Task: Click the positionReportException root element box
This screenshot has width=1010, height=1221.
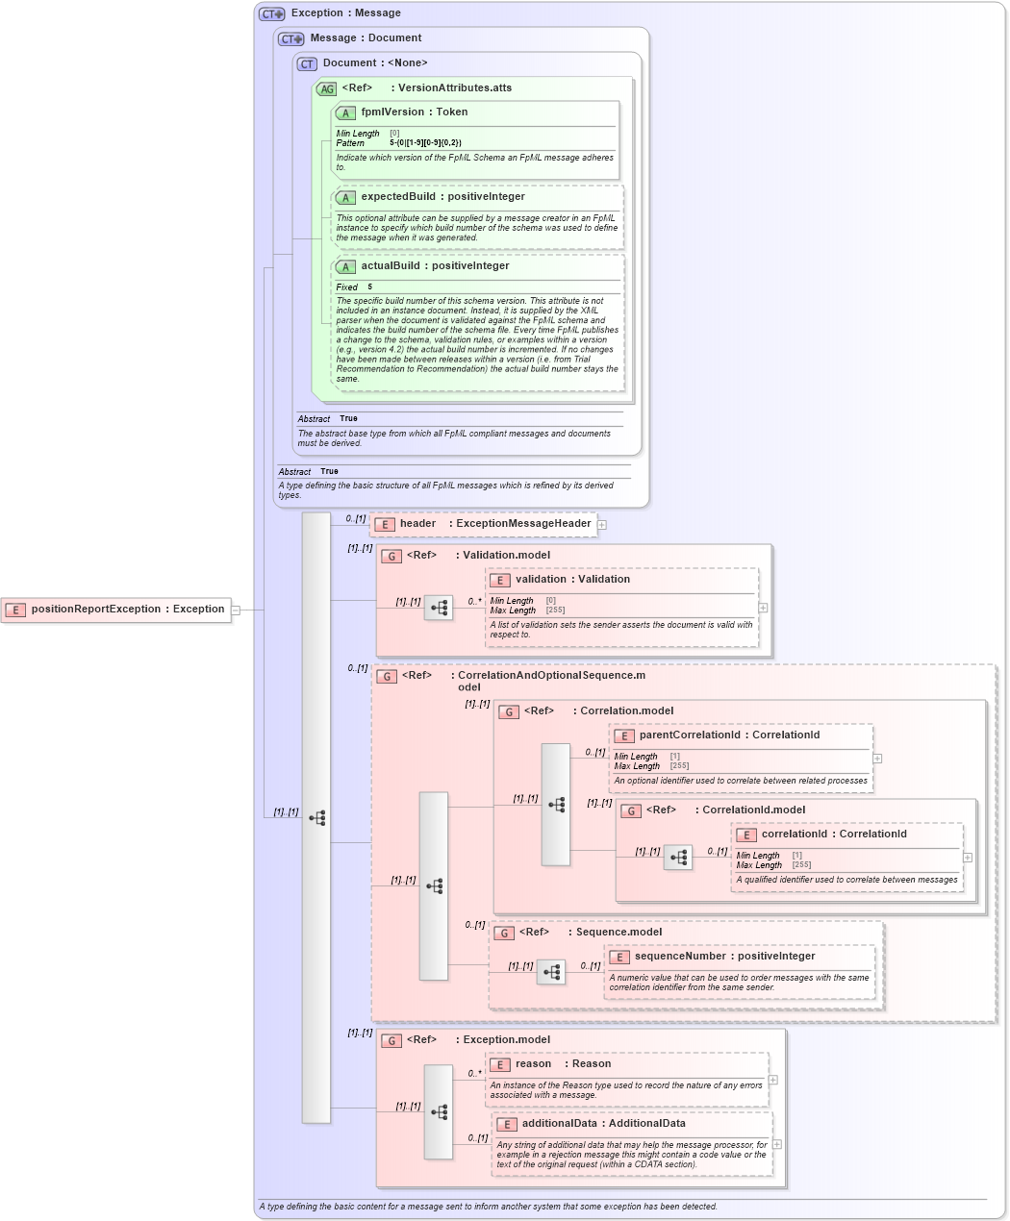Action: coord(116,610)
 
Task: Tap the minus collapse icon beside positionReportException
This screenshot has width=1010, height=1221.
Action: coord(236,610)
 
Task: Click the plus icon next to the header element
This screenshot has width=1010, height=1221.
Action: coord(602,525)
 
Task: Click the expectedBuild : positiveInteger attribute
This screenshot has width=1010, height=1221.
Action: coord(442,197)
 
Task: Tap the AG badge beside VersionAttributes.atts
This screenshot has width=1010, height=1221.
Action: coord(327,88)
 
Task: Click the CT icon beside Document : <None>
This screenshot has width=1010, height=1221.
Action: coord(307,63)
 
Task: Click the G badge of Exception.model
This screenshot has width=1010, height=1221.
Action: coord(391,1040)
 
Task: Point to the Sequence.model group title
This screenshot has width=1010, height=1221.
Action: coord(619,933)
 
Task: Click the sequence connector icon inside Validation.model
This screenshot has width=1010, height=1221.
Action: coord(439,608)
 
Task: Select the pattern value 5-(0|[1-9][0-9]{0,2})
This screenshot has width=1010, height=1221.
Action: coord(425,143)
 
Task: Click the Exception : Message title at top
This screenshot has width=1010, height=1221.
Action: coord(345,13)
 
